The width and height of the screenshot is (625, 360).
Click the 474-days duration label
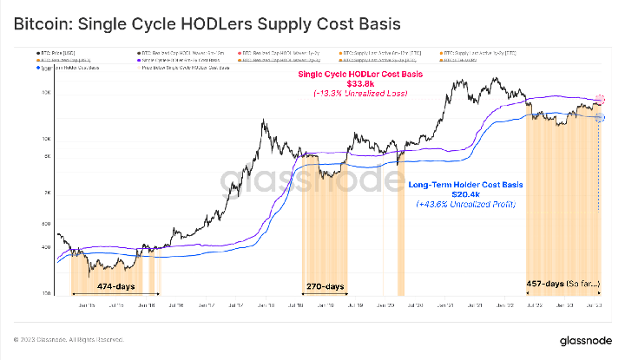[115, 286]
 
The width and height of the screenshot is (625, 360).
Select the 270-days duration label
[325, 286]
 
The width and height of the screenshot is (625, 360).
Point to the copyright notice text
[69, 338]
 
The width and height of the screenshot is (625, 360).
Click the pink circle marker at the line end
[600, 101]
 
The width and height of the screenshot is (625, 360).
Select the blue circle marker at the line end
[600, 118]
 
